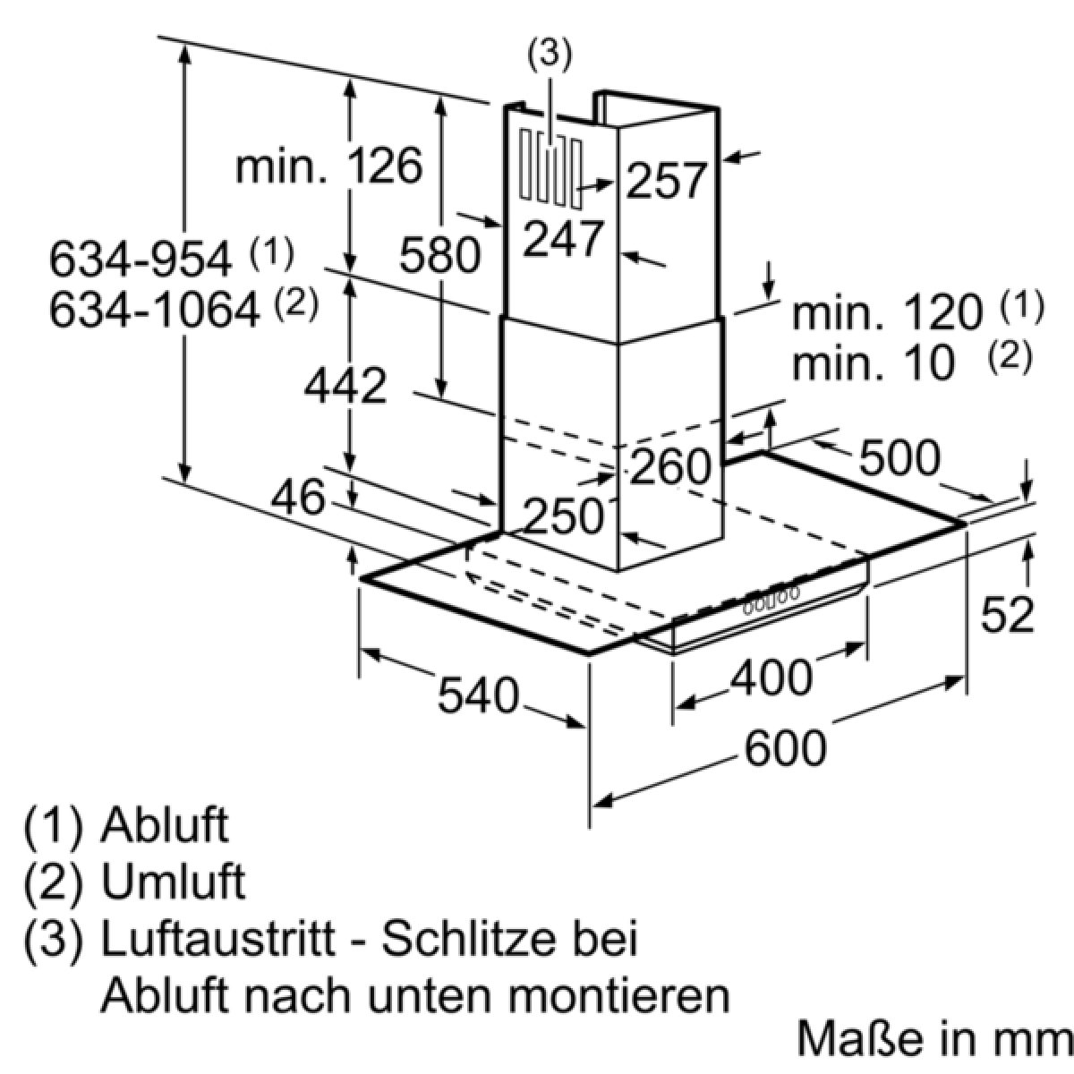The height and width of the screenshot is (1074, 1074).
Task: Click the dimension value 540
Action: pyautogui.click(x=478, y=695)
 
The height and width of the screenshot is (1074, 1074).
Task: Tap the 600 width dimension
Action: pyautogui.click(x=785, y=748)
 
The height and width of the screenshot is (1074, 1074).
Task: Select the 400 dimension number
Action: pyautogui.click(x=771, y=678)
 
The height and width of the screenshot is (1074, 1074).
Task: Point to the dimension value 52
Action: pyautogui.click(x=1007, y=615)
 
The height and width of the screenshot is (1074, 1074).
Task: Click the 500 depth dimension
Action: pyautogui.click(x=899, y=457)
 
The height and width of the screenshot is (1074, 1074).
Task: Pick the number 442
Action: pyautogui.click(x=345, y=387)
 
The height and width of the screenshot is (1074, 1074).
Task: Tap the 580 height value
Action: pyautogui.click(x=440, y=255)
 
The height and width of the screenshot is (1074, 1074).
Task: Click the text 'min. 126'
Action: pyautogui.click(x=328, y=166)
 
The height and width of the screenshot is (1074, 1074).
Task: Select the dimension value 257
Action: pyautogui.click(x=666, y=181)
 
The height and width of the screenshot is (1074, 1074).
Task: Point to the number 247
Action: pyautogui.click(x=564, y=239)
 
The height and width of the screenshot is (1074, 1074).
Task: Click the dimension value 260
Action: pyautogui.click(x=671, y=466)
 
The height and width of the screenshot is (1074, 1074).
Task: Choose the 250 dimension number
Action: pyautogui.click(x=565, y=516)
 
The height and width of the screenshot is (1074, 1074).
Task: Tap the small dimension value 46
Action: pyautogui.click(x=298, y=497)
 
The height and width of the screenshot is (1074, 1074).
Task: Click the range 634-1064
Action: pyautogui.click(x=155, y=310)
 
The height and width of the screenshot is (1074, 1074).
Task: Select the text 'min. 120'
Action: pyautogui.click(x=887, y=313)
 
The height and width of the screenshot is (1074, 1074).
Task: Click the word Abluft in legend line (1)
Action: pyautogui.click(x=165, y=840)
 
